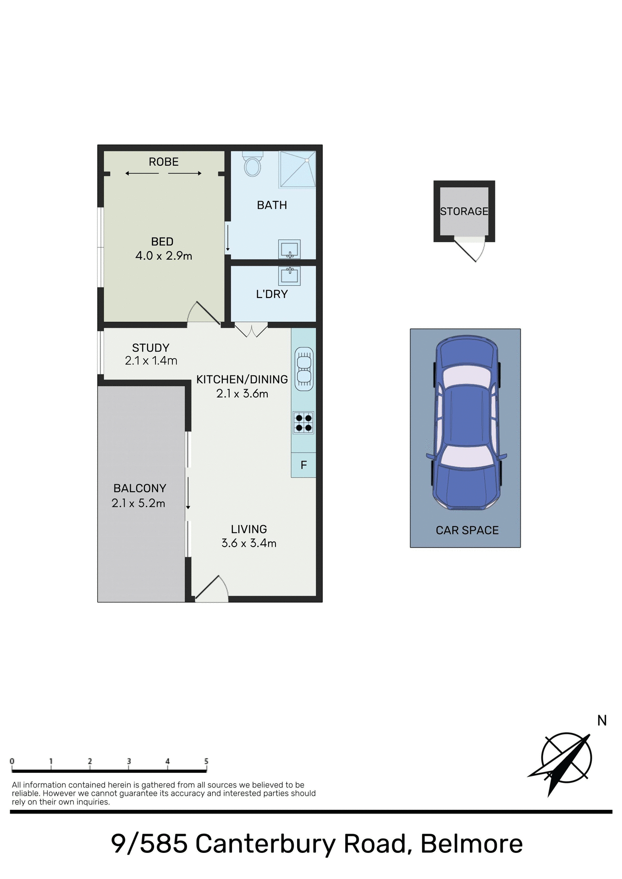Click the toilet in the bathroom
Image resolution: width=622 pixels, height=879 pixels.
tap(253, 164)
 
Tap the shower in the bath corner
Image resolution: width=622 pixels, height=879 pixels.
tap(297, 169)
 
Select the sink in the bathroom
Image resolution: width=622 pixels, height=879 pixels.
tap(289, 250)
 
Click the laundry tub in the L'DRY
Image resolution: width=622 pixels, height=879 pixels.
tap(289, 275)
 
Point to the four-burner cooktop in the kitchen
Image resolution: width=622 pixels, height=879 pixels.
tap(303, 423)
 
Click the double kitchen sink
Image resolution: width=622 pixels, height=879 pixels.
tap(303, 369)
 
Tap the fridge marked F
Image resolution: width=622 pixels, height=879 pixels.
tap(303, 465)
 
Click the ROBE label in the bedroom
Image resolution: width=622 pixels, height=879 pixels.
tap(164, 162)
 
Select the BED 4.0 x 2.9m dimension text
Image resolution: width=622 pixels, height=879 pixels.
tap(164, 256)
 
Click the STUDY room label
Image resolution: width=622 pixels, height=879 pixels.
tap(151, 348)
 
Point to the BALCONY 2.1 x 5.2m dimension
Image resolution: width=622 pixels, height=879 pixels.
tap(138, 503)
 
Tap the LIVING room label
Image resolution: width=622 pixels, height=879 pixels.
tap(249, 529)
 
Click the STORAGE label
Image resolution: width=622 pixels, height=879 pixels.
tap(464, 212)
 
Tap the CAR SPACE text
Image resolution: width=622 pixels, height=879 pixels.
tap(467, 530)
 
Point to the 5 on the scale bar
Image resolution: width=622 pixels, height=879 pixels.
tap(206, 761)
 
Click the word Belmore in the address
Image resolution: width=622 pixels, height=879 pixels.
tap(472, 843)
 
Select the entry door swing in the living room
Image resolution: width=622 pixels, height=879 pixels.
tap(211, 589)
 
